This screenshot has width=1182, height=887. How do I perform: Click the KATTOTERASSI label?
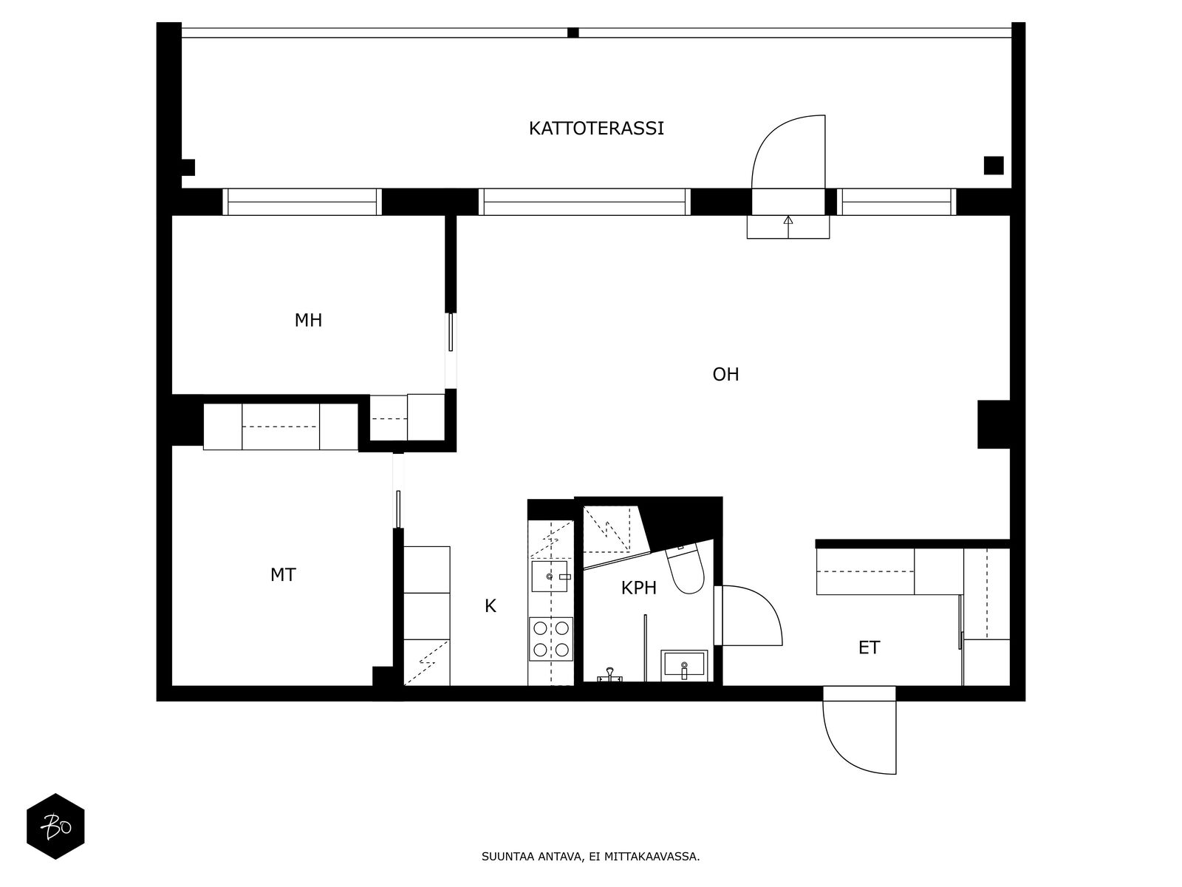point(596,128)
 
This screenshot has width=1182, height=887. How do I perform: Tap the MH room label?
point(308,321)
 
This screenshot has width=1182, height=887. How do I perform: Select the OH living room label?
point(725,374)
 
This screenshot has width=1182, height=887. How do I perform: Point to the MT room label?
point(283,575)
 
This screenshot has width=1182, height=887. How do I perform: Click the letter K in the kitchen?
point(490,606)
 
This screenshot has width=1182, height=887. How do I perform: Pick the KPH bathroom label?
point(639,588)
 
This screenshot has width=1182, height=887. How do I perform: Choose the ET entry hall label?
point(869,648)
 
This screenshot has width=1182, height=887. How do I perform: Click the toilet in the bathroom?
point(685,568)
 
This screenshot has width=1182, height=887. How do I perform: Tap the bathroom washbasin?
point(684,666)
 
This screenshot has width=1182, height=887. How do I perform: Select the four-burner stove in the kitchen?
point(551,639)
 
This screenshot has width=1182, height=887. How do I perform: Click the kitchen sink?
point(550,577)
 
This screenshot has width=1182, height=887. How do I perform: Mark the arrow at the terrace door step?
point(788,227)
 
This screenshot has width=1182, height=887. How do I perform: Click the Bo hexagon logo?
point(55,826)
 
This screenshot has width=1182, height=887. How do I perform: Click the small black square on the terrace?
point(994,166)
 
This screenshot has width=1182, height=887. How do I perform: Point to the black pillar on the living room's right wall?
point(994,424)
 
